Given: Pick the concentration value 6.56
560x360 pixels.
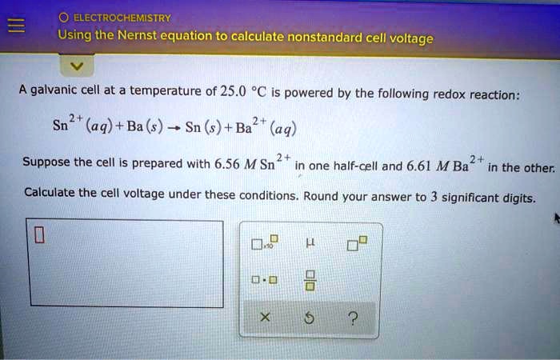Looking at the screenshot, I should [x=230, y=166].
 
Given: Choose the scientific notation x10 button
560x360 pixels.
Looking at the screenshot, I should [x=264, y=243].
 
